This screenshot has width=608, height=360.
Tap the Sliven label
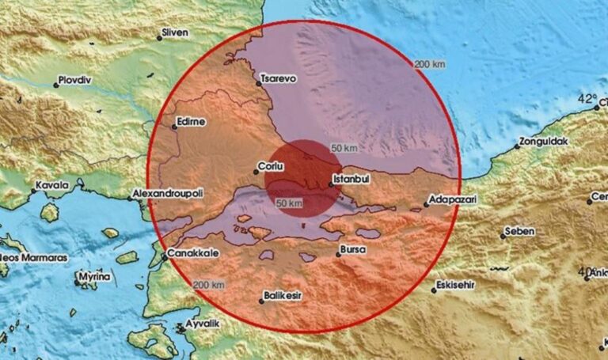click(x=175, y=33)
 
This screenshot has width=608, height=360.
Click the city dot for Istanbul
click(x=329, y=188)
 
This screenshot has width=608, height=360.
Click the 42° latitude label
click(x=587, y=99)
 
